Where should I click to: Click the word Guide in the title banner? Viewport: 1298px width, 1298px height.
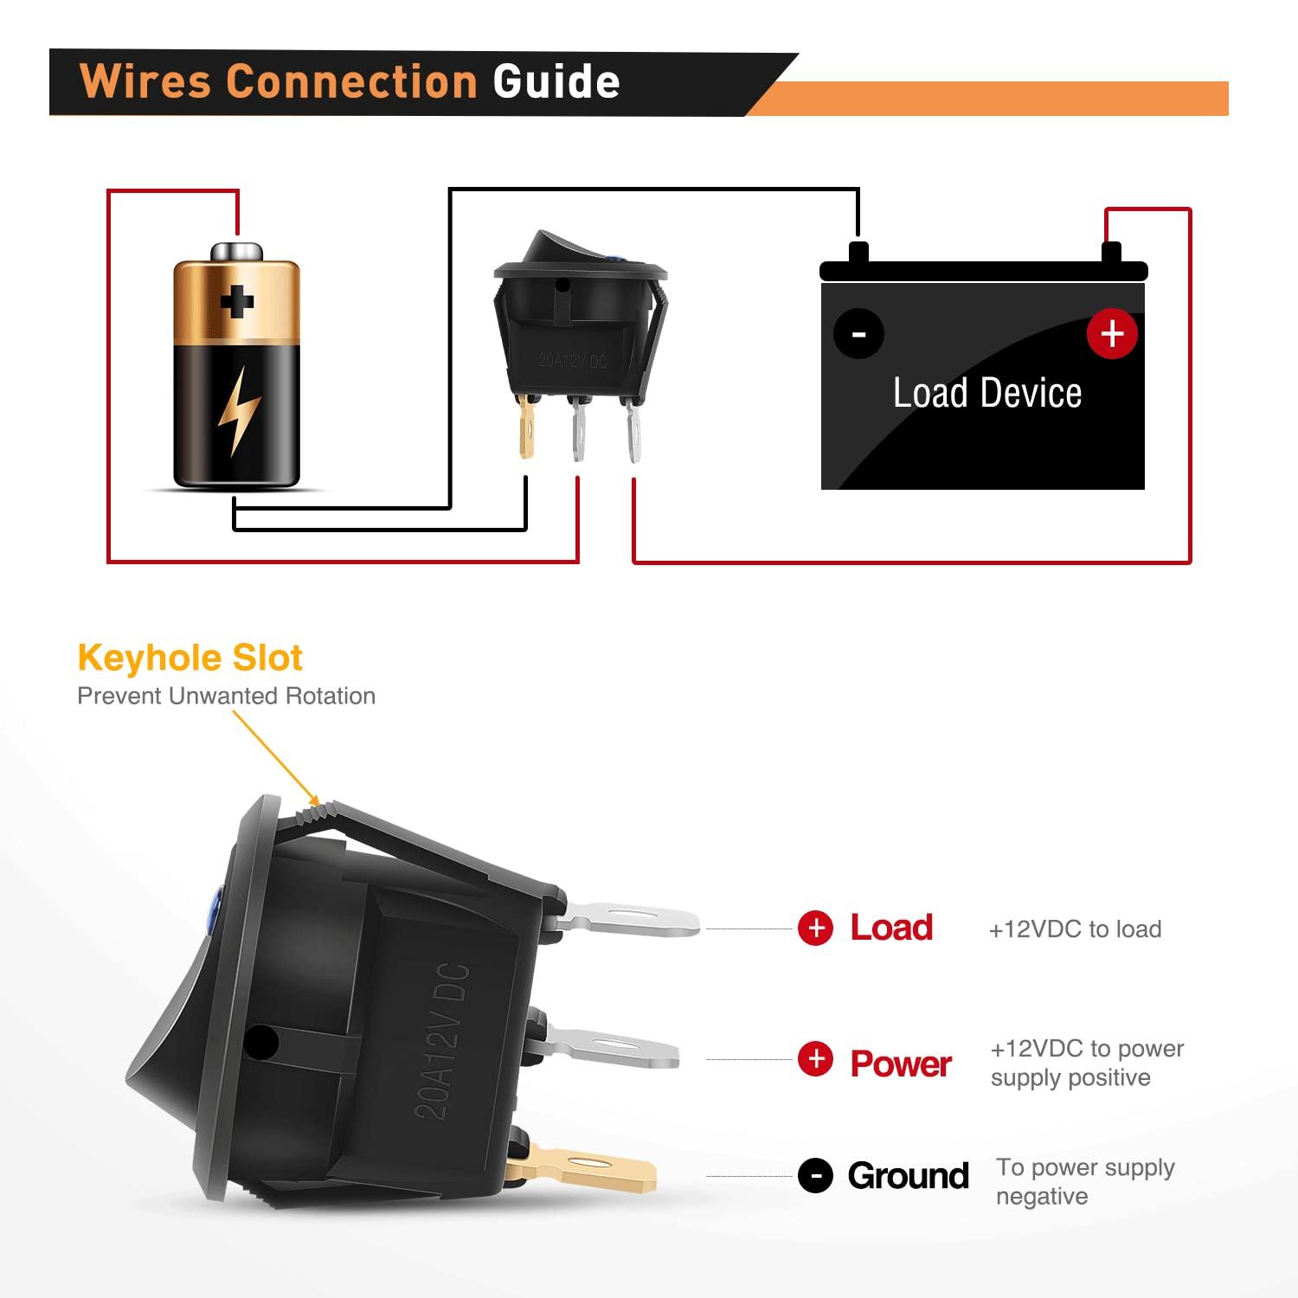tap(556, 82)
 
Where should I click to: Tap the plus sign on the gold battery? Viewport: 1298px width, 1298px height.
tap(236, 302)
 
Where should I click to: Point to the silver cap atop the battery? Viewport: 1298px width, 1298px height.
tap(236, 252)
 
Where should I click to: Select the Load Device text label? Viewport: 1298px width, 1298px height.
tap(986, 394)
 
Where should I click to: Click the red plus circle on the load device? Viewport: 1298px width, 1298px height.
tap(1112, 333)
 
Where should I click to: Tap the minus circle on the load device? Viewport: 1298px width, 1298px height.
tap(858, 334)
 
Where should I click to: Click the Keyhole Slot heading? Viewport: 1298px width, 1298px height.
tap(190, 659)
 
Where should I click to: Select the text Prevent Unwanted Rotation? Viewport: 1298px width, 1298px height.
tap(226, 696)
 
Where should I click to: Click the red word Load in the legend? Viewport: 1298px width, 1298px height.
tap(891, 928)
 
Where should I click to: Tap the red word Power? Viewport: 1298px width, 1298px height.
tap(901, 1063)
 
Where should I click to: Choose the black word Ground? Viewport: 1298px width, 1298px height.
tap(908, 1176)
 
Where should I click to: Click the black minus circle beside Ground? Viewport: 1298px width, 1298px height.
tap(815, 1176)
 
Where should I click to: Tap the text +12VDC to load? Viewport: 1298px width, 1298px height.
tap(1075, 929)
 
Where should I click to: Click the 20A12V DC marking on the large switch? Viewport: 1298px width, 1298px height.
tap(443, 1038)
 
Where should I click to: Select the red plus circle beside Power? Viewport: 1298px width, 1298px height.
tap(815, 1059)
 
